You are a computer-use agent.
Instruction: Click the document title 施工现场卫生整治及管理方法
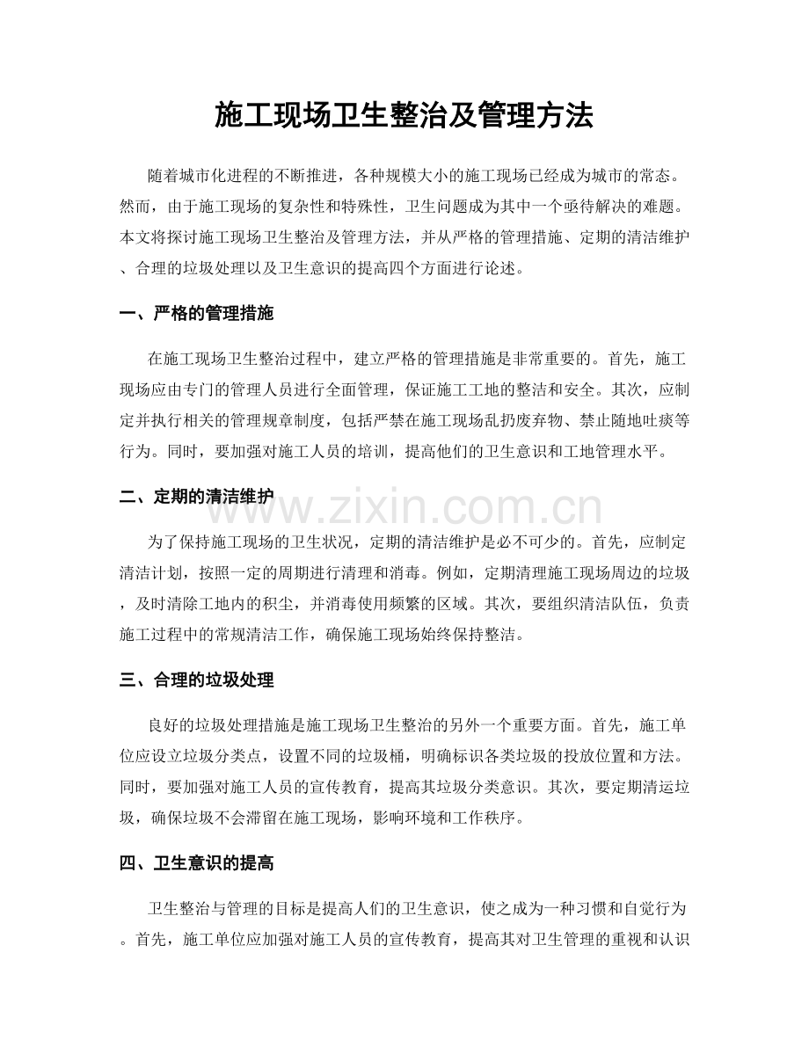click(x=404, y=115)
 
